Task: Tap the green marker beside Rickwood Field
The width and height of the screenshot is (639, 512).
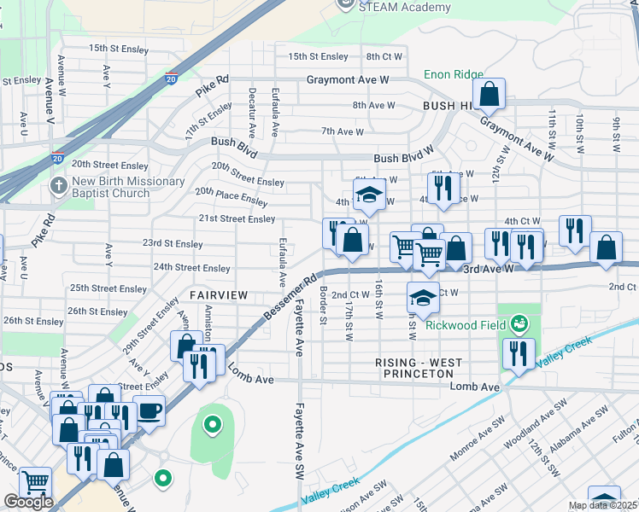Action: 518,323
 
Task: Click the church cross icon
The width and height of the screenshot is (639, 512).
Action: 59,186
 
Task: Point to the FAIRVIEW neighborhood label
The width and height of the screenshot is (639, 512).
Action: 219,295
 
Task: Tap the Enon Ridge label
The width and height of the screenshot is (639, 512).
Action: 454,75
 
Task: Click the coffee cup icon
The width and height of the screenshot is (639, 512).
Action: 149,411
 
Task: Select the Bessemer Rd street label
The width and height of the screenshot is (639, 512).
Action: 290,297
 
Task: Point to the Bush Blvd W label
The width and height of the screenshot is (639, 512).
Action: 404,159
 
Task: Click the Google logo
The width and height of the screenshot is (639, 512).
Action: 28,503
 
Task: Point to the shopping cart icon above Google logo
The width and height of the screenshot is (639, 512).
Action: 35,484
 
